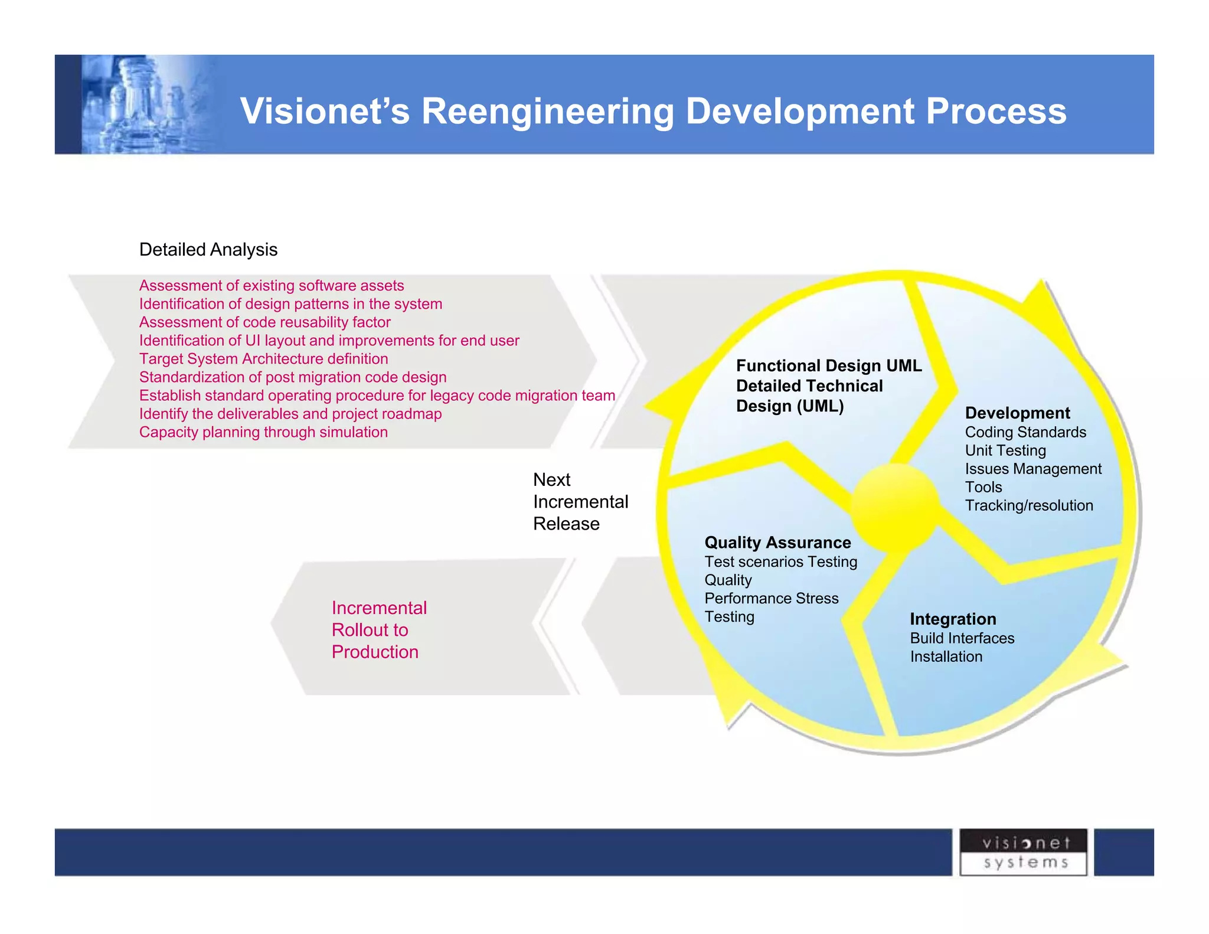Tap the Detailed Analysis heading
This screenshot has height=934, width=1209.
click(208, 250)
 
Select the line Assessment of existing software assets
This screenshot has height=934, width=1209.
click(272, 286)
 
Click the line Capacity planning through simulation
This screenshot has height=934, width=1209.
click(263, 432)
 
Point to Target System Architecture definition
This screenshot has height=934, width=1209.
click(263, 359)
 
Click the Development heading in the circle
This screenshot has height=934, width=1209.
click(1017, 413)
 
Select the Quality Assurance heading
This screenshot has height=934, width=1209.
click(777, 543)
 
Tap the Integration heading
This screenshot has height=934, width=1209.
click(953, 619)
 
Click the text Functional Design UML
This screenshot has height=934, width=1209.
click(828, 365)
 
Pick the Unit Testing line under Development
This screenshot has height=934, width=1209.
click(1005, 450)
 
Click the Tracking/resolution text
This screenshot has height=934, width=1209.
click(1029, 505)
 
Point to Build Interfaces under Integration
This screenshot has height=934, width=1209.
click(962, 638)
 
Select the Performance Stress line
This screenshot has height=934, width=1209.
click(771, 598)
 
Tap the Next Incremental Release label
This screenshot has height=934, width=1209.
click(580, 502)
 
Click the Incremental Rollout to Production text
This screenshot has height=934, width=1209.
click(378, 630)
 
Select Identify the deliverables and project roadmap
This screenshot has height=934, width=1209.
click(290, 414)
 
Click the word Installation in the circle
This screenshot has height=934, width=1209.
click(946, 657)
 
